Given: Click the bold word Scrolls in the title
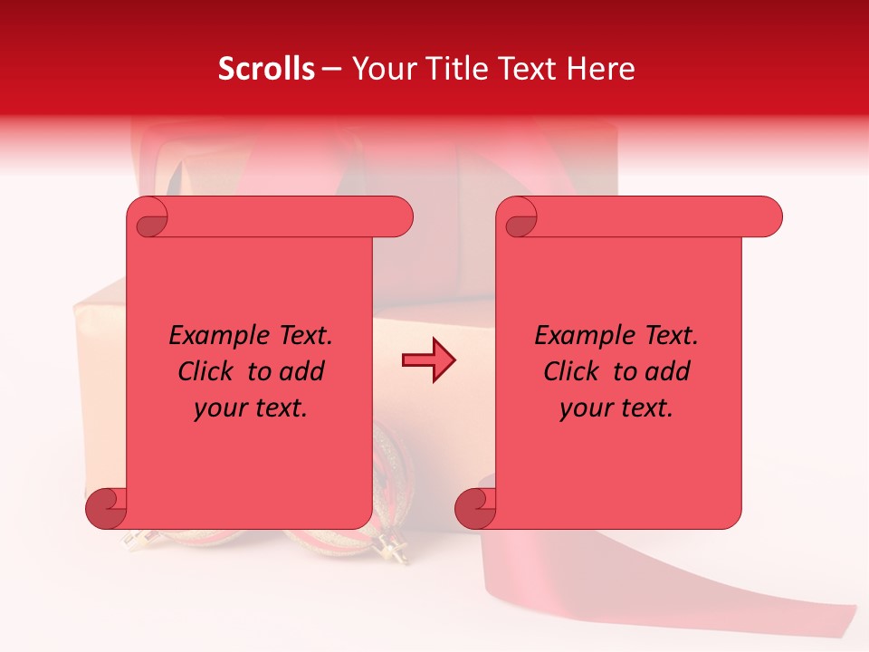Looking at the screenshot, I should coord(266,69).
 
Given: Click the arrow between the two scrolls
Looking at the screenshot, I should coord(428,360).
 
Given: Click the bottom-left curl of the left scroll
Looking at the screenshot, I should coord(106,508).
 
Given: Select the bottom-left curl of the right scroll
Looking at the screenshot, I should coord(475,508).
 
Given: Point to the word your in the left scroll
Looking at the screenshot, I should coord(217,409).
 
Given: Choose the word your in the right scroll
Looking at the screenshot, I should coord(583,409).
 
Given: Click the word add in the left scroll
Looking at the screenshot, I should coord(302,372).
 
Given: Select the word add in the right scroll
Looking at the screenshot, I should coord(668,372).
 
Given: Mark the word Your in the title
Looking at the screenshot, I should coord(377,69).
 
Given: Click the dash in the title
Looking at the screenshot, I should coord(331,70).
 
